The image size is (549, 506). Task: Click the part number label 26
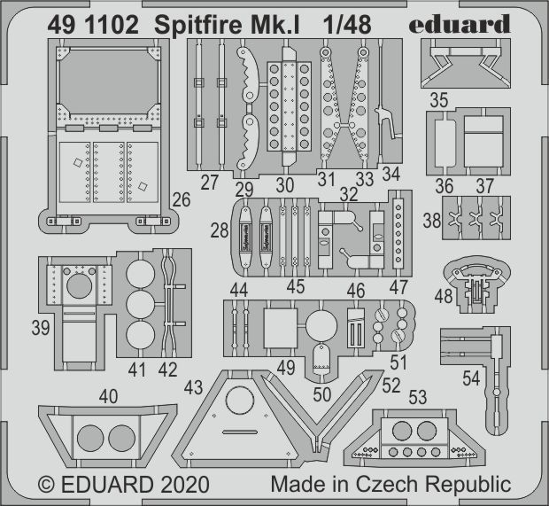182,200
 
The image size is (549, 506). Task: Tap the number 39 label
40,327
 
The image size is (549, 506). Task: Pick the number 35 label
439,100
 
